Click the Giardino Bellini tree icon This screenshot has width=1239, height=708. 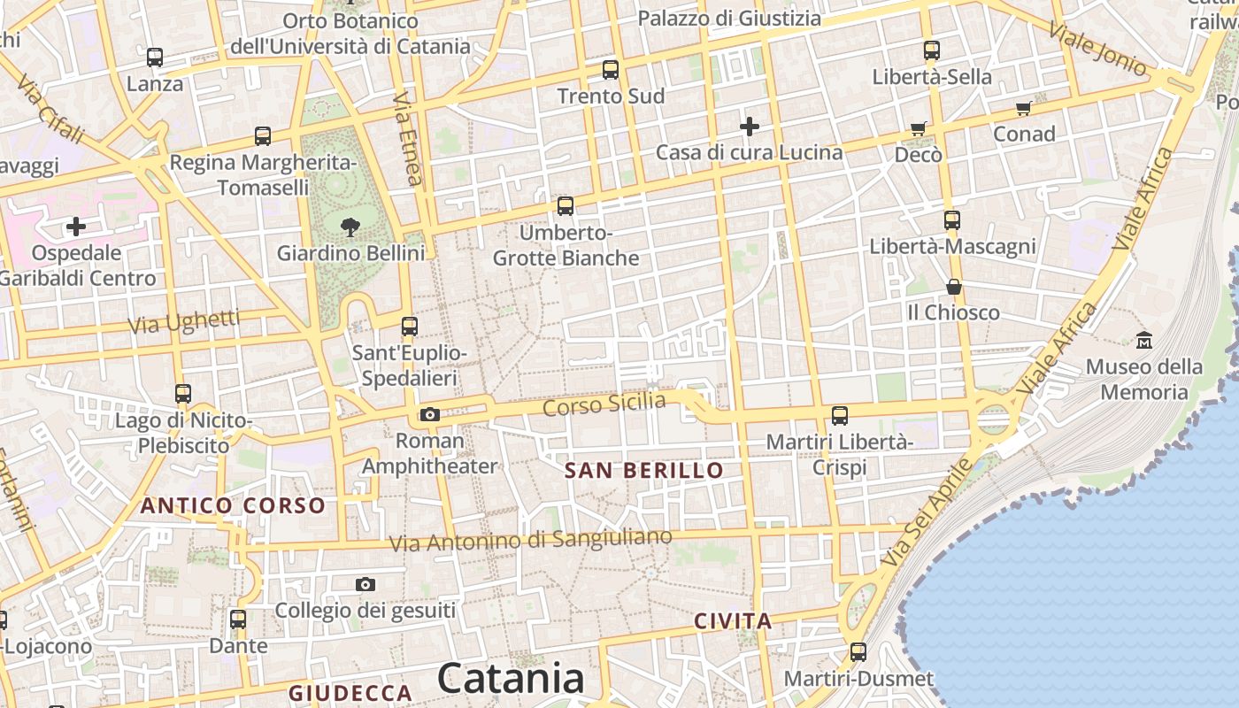pyautogui.click(x=350, y=226)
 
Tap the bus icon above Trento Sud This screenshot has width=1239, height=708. pyautogui.click(x=610, y=69)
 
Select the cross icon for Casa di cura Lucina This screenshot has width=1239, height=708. pyautogui.click(x=750, y=127)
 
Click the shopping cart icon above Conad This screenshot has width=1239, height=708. pyautogui.click(x=1024, y=108)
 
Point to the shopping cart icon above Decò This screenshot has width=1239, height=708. pyautogui.click(x=919, y=128)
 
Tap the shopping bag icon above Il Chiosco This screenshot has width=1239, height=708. pyautogui.click(x=953, y=287)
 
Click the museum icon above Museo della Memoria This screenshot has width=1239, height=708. pyautogui.click(x=1143, y=339)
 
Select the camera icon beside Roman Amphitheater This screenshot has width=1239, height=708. pyautogui.click(x=430, y=414)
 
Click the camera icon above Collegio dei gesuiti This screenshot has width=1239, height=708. pyautogui.click(x=365, y=584)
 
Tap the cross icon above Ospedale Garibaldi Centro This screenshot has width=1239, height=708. pyautogui.click(x=76, y=227)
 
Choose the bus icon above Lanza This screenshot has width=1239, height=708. pyautogui.click(x=155, y=58)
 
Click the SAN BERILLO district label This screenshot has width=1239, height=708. pyautogui.click(x=644, y=470)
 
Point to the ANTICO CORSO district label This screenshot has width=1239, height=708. pyautogui.click(x=234, y=505)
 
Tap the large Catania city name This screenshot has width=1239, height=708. pyautogui.click(x=511, y=679)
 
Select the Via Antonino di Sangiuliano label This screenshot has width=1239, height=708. pyautogui.click(x=531, y=539)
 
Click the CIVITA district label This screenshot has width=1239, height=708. pyautogui.click(x=733, y=621)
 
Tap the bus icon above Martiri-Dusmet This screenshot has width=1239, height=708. pyautogui.click(x=858, y=652)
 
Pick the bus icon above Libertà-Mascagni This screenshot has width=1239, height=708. pyautogui.click(x=952, y=219)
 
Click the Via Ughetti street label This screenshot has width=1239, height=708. pyautogui.click(x=184, y=321)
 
